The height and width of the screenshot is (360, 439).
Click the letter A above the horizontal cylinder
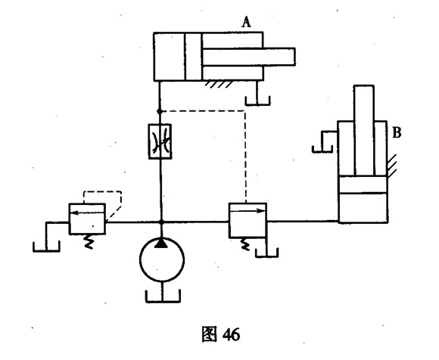click(247, 22)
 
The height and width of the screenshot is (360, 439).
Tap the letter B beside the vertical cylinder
click(397, 132)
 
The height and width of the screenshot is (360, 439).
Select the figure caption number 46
click(232, 334)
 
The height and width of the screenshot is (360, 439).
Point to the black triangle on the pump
click(161, 243)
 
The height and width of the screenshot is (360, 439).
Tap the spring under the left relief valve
click(89, 241)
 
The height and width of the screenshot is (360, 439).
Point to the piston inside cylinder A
click(193, 57)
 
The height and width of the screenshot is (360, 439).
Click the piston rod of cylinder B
click(364, 130)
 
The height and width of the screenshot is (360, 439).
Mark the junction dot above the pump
click(161, 222)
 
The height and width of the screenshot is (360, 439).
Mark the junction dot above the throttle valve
click(160, 111)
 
